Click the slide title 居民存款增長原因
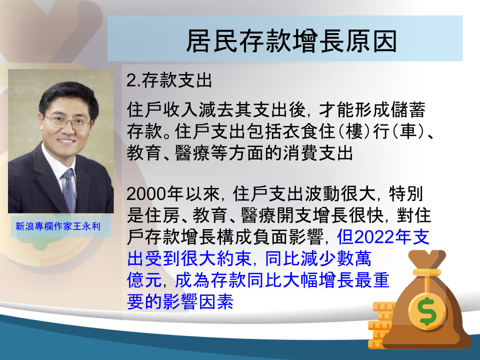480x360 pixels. point(291,40)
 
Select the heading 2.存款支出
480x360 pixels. point(169,80)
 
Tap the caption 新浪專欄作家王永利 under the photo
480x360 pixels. point(58,226)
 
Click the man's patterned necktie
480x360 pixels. point(69,190)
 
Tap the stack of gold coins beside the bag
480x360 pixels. point(381,325)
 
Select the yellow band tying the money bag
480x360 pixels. point(427,272)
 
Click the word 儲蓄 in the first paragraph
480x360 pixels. point(408,109)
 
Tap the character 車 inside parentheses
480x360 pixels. point(408,131)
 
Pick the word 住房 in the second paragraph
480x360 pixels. point(162,215)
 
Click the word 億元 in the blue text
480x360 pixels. point(144,280)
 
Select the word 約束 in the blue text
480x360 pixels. point(234,258)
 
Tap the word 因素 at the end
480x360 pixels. point(216,301)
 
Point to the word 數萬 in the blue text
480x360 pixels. point(354,258)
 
